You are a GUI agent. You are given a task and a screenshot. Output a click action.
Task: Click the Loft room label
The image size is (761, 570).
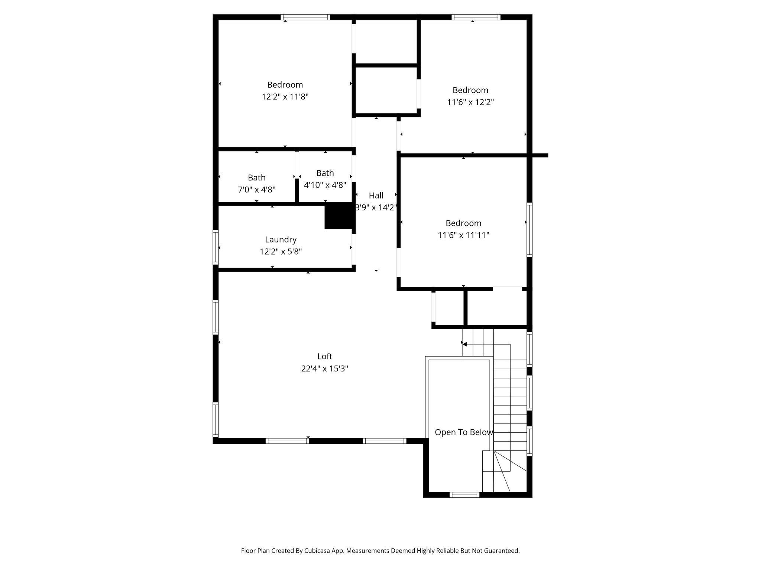click(324, 356)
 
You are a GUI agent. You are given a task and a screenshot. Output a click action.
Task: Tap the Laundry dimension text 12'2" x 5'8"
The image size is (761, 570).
click(281, 252)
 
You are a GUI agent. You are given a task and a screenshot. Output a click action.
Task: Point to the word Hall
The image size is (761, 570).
click(376, 196)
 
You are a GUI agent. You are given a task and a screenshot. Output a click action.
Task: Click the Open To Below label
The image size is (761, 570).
click(464, 432)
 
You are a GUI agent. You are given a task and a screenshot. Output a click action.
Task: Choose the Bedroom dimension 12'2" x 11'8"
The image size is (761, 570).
click(285, 97)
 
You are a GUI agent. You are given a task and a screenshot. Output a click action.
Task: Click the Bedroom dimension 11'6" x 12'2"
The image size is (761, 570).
click(470, 102)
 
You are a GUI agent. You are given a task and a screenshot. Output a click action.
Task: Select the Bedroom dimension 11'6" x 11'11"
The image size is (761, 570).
click(463, 235)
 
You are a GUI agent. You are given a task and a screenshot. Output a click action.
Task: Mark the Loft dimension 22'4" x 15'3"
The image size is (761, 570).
click(324, 369)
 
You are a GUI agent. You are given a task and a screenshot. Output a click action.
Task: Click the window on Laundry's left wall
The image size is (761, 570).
click(216, 247)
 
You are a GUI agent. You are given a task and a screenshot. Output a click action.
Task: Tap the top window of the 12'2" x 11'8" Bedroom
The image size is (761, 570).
click(305, 17)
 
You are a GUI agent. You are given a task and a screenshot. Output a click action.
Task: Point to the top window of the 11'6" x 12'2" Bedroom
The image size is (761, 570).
click(476, 17)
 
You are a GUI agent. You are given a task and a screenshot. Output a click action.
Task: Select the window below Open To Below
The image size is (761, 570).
click(464, 495)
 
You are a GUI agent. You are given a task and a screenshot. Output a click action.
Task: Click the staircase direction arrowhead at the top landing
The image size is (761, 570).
click(465, 344)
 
